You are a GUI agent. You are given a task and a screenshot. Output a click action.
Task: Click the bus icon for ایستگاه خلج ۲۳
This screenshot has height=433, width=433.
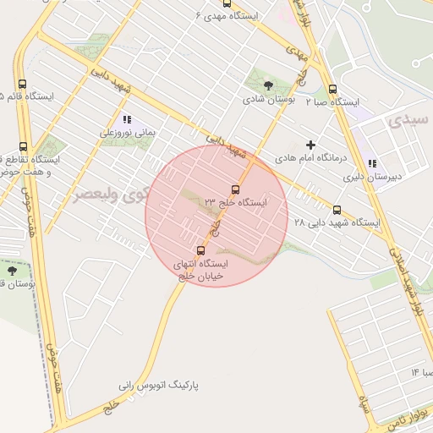235,189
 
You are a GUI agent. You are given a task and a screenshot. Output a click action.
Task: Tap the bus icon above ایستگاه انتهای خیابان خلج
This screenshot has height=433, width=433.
200,249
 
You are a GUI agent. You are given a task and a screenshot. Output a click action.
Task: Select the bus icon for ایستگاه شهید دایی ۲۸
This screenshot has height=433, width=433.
337,210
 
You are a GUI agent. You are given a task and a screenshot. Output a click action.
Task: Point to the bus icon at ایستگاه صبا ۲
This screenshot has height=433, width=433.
332,90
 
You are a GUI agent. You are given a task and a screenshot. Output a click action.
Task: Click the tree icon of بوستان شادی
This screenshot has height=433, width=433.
269,85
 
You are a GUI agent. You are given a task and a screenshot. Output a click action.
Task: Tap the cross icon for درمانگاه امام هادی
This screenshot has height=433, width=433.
311,145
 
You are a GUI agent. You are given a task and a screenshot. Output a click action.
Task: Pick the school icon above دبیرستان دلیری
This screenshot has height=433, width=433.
372,164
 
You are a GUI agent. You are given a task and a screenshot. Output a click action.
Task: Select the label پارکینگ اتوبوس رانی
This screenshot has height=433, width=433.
163,385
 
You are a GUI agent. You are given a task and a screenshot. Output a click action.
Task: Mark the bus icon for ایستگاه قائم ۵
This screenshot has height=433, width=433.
22,85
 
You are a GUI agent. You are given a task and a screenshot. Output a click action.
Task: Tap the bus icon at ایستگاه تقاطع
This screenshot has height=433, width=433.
23,147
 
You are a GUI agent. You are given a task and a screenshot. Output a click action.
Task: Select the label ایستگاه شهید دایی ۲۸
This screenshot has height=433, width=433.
337,222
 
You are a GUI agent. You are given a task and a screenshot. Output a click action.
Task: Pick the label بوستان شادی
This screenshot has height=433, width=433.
269,99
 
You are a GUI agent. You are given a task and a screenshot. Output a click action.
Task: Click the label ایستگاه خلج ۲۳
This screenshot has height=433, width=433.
235,202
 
